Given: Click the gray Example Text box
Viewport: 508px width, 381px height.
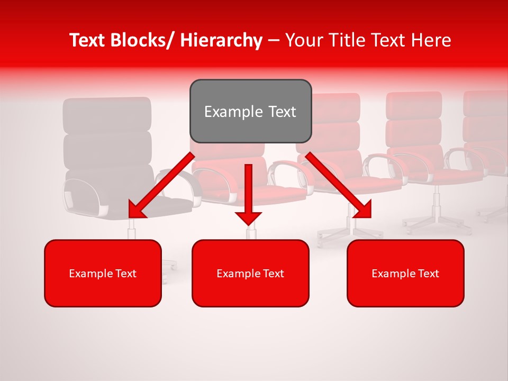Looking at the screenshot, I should click(250, 111).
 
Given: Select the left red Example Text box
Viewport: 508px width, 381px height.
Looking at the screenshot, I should click(103, 273).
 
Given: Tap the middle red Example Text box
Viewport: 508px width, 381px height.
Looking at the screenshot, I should click(250, 273).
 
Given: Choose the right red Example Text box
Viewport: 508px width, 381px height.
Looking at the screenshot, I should click(405, 273).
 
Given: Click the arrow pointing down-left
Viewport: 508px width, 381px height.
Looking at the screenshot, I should click(161, 185).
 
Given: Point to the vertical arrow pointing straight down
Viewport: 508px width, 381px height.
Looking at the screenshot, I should click(248, 193).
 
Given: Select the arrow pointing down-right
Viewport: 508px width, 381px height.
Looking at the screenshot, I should click(339, 185).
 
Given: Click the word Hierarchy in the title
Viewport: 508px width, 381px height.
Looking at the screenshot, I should click(221, 40).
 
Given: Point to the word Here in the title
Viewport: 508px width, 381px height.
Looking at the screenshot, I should click(431, 40).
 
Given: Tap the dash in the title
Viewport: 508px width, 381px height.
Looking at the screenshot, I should click(274, 40).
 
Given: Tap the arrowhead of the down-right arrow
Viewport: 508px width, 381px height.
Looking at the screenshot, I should click(362, 209).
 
